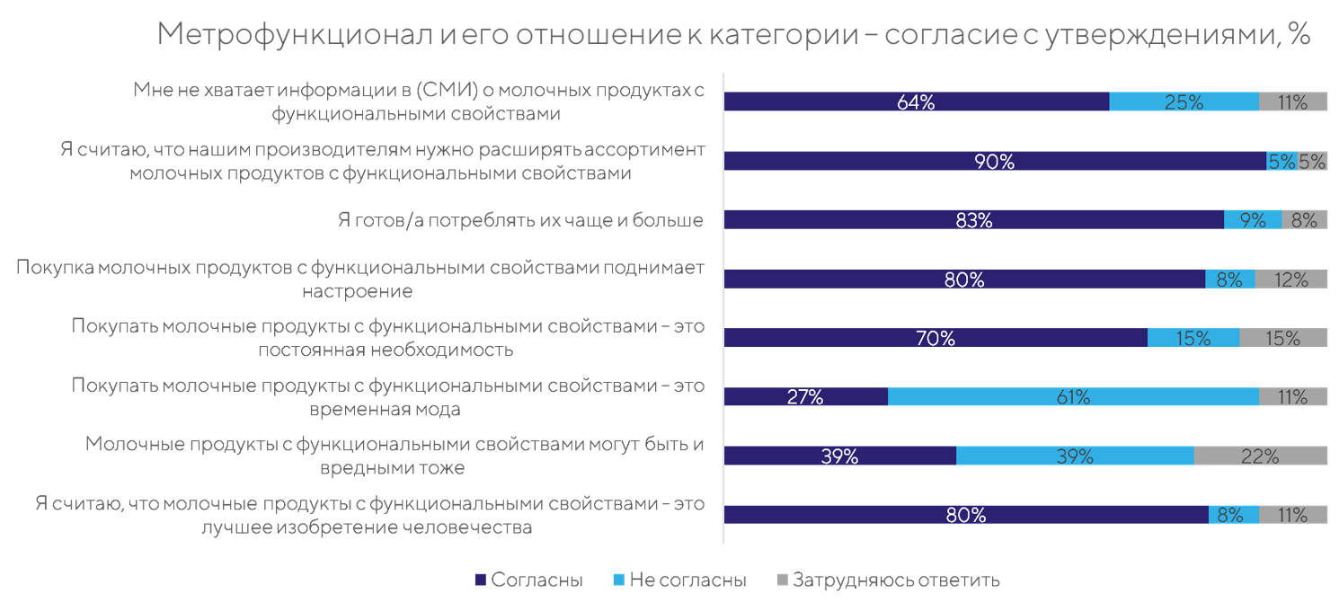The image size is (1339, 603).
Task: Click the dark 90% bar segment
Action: tap(995, 162)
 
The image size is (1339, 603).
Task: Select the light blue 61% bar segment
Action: tap(1073, 397)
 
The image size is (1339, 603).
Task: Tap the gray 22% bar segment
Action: tap(1260, 456)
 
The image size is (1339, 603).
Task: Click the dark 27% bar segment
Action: tap(805, 397)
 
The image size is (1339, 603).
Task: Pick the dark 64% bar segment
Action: tap(916, 102)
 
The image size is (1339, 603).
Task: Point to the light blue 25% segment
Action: tap(1184, 102)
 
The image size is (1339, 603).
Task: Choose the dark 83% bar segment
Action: tap(973, 220)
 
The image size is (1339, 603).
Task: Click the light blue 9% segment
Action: tap(1253, 220)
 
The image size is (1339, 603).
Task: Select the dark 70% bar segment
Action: tap(935, 338)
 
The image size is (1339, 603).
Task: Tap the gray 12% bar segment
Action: tap(1290, 279)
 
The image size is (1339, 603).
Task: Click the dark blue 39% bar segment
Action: tap(839, 456)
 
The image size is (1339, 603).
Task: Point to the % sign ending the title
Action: tap(1299, 35)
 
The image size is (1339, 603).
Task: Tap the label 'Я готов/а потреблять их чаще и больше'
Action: tap(519, 220)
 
